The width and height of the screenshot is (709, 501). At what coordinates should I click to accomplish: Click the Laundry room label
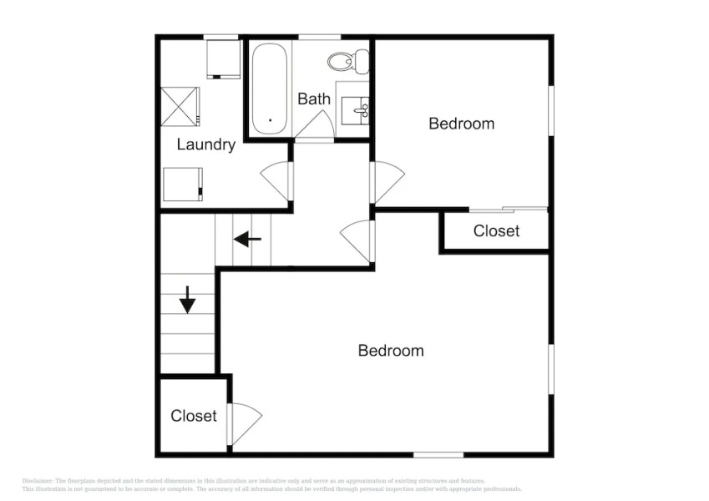pos(205,144)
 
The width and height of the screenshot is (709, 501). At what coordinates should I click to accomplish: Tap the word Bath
pos(314,99)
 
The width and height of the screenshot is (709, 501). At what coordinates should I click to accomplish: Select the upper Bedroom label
pos(461,124)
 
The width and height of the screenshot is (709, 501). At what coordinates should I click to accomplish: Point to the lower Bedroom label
pos(390,351)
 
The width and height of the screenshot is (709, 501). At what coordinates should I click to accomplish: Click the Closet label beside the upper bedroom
pos(496,230)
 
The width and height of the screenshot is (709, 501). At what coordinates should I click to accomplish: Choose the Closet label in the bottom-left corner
pos(194,416)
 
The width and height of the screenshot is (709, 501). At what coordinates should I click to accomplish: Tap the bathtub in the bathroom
pos(270,89)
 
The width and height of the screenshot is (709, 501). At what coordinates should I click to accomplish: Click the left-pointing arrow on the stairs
pos(247,240)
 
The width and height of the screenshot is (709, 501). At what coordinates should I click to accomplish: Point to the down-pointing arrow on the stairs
pos(187,299)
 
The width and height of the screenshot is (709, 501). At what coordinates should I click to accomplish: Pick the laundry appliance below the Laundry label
pos(184,185)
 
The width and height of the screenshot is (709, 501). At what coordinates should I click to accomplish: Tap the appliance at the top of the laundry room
pos(222,58)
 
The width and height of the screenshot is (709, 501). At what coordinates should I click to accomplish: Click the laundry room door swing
pos(276,180)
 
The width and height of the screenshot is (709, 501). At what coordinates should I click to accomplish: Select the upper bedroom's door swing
pos(387,181)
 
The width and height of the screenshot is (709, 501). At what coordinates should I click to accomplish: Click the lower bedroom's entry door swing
pos(358,235)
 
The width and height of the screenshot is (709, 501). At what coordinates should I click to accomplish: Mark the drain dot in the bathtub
pos(270,120)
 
